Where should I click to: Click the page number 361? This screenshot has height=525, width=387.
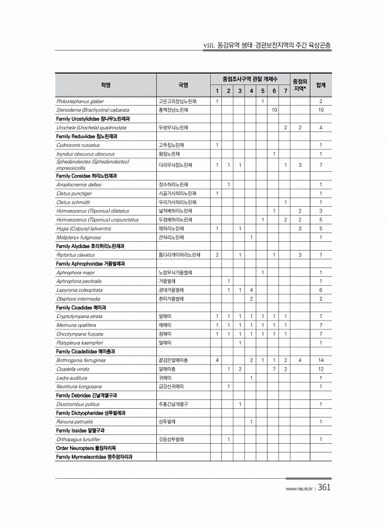[324, 488]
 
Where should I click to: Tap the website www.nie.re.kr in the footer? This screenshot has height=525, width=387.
[298, 489]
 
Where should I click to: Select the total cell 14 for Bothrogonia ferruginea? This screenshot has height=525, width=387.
[320, 360]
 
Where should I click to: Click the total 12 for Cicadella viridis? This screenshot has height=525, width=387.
[320, 369]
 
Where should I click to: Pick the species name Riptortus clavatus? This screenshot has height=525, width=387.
[77, 255]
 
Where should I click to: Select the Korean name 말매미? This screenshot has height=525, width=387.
[166, 316]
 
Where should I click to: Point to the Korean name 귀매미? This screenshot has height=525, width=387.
[166, 377]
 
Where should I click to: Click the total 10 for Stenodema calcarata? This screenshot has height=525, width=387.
[320, 109]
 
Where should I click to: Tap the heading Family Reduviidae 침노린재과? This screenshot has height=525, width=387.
[86, 136]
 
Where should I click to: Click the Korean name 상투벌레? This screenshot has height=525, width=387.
[167, 421]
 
